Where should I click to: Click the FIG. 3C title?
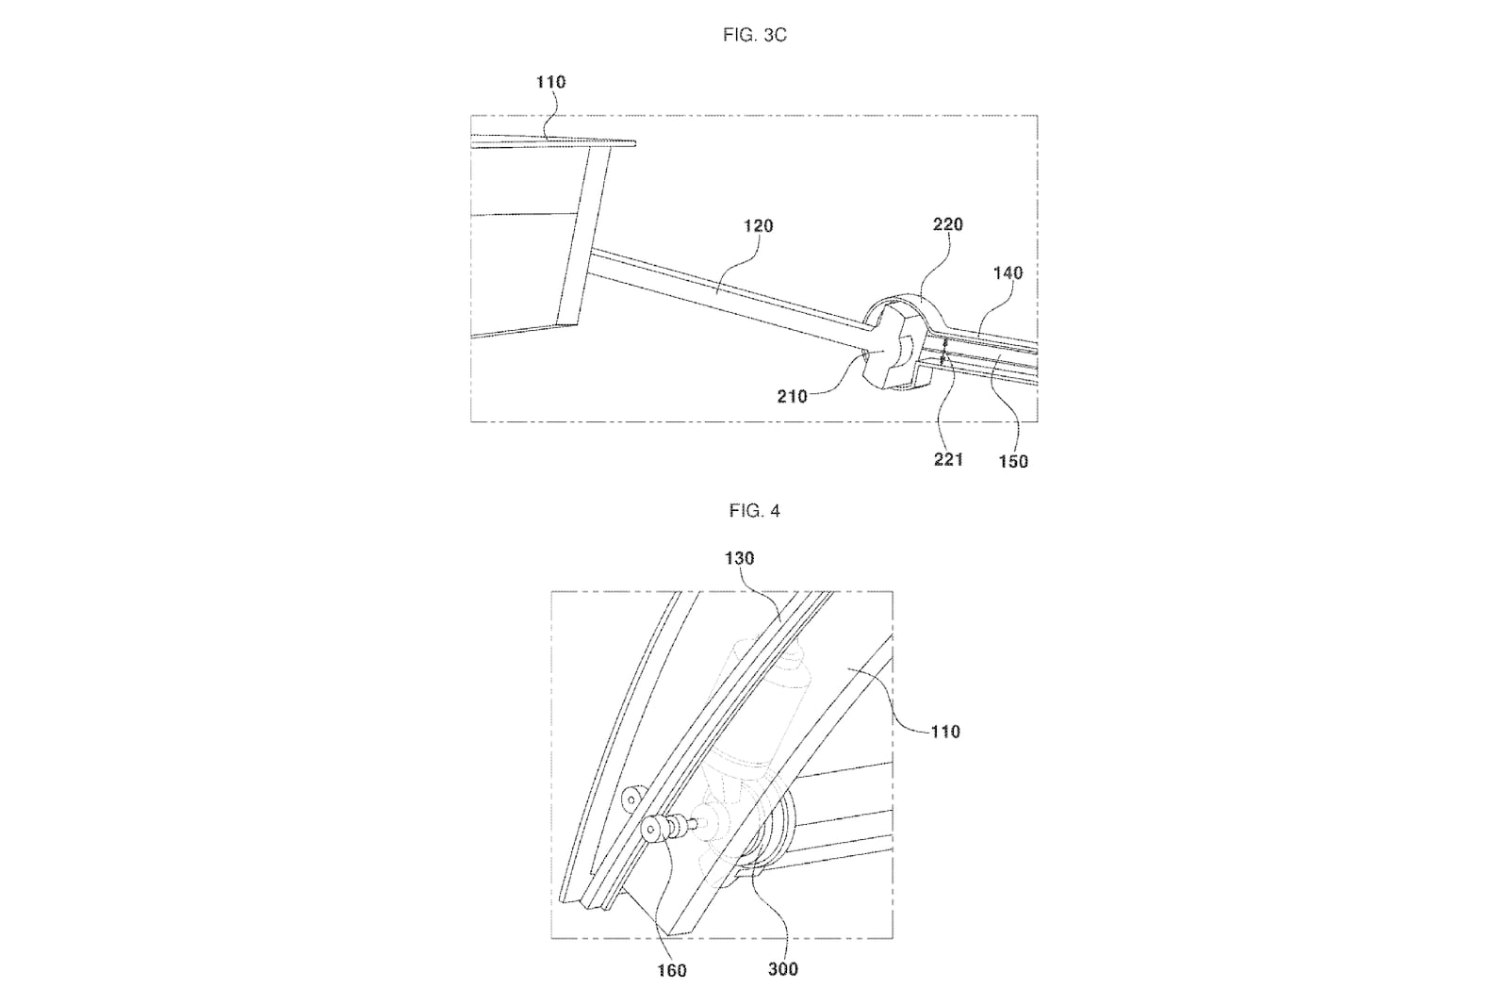(755, 35)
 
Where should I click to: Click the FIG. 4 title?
(755, 511)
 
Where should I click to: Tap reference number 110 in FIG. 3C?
(550, 82)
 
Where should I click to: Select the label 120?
(758, 226)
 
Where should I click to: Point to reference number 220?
(948, 224)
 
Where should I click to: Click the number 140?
(1008, 272)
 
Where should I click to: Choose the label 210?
(793, 397)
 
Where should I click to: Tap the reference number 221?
(948, 460)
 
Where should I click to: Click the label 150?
(1013, 461)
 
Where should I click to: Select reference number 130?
(739, 558)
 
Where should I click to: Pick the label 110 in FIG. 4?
(945, 732)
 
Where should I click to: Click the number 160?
(671, 971)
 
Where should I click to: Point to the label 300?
(783, 969)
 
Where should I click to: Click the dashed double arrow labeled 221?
(943, 353)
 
